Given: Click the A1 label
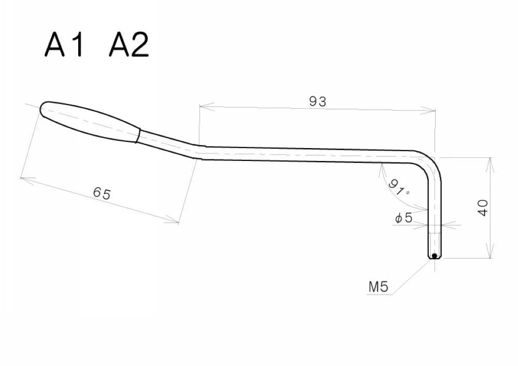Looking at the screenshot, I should tap(64, 46).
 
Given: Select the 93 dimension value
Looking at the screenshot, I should tap(318, 101).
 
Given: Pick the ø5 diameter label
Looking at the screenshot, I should tap(404, 218).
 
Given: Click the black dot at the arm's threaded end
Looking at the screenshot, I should tap(434, 256).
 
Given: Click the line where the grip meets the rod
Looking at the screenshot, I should tap(138, 136).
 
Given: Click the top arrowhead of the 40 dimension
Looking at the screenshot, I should tap(490, 160).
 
